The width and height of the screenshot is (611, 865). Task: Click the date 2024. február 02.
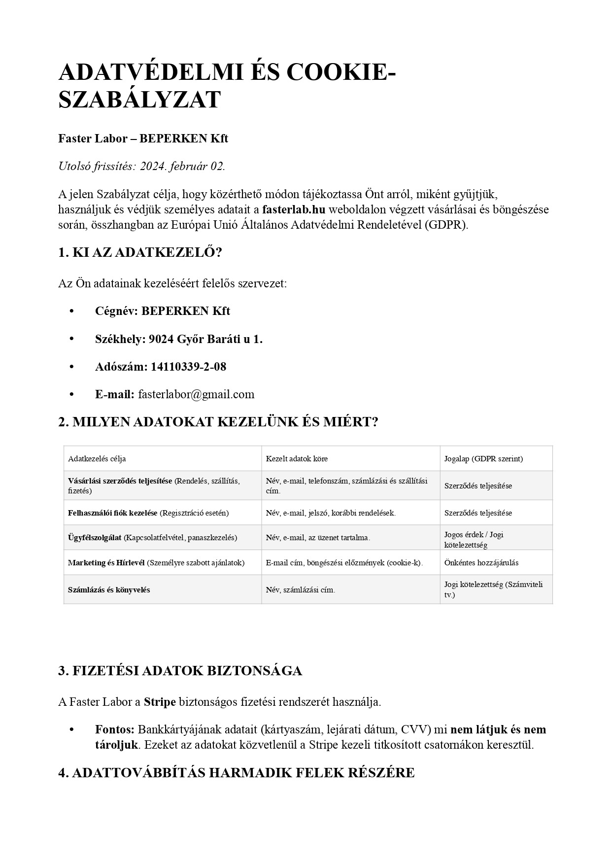(x=182, y=166)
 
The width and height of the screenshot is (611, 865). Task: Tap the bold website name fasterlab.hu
(x=294, y=209)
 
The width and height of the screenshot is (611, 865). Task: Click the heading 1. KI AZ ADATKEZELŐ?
(x=140, y=253)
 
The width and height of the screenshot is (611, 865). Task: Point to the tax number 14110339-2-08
(x=188, y=367)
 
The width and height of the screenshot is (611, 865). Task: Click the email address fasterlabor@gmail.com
(x=196, y=394)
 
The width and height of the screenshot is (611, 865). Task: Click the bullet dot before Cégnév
(x=72, y=311)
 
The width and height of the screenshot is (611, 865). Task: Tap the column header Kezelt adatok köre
(x=297, y=459)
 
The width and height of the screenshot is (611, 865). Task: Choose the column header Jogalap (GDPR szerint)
(x=483, y=459)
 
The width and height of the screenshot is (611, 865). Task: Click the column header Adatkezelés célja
(x=97, y=459)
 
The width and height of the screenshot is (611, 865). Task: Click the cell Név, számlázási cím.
(x=300, y=590)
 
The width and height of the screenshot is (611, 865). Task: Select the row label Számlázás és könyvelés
(x=109, y=590)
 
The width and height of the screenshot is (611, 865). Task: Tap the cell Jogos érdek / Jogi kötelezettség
(x=474, y=540)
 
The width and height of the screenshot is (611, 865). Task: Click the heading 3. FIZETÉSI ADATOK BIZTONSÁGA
(x=180, y=671)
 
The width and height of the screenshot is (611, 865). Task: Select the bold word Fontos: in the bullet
(x=115, y=729)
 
